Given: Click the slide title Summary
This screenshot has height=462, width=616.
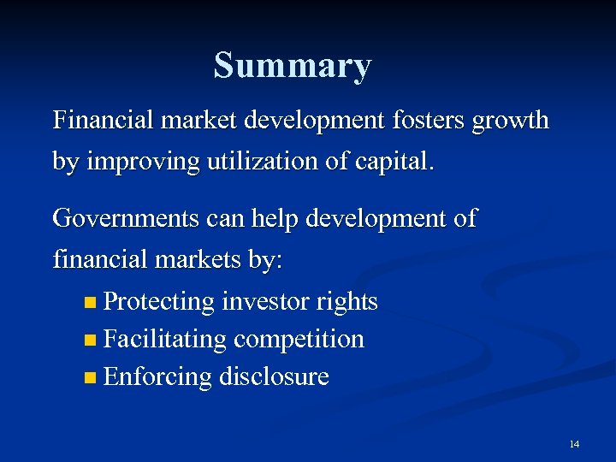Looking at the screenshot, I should tap(293, 66).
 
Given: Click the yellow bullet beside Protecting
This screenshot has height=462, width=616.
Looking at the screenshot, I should tap(91, 303).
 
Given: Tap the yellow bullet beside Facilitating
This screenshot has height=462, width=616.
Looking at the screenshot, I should tap(91, 341).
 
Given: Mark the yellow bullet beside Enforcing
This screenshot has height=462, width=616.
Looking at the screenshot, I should tap(91, 378).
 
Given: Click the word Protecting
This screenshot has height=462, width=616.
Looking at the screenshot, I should tap(158, 302).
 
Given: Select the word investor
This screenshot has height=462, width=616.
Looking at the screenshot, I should tap(265, 302).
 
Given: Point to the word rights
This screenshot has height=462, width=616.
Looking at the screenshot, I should tap(346, 302).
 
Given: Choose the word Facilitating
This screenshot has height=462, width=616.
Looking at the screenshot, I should tap(164, 340).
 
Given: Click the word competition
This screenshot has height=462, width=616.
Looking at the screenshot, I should tap(299, 340).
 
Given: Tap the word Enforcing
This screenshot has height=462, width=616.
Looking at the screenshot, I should tap(157, 377).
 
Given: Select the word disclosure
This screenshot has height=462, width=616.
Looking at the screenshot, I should tap(274, 377).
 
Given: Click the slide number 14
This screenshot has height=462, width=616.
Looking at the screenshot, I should tap(573, 444).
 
